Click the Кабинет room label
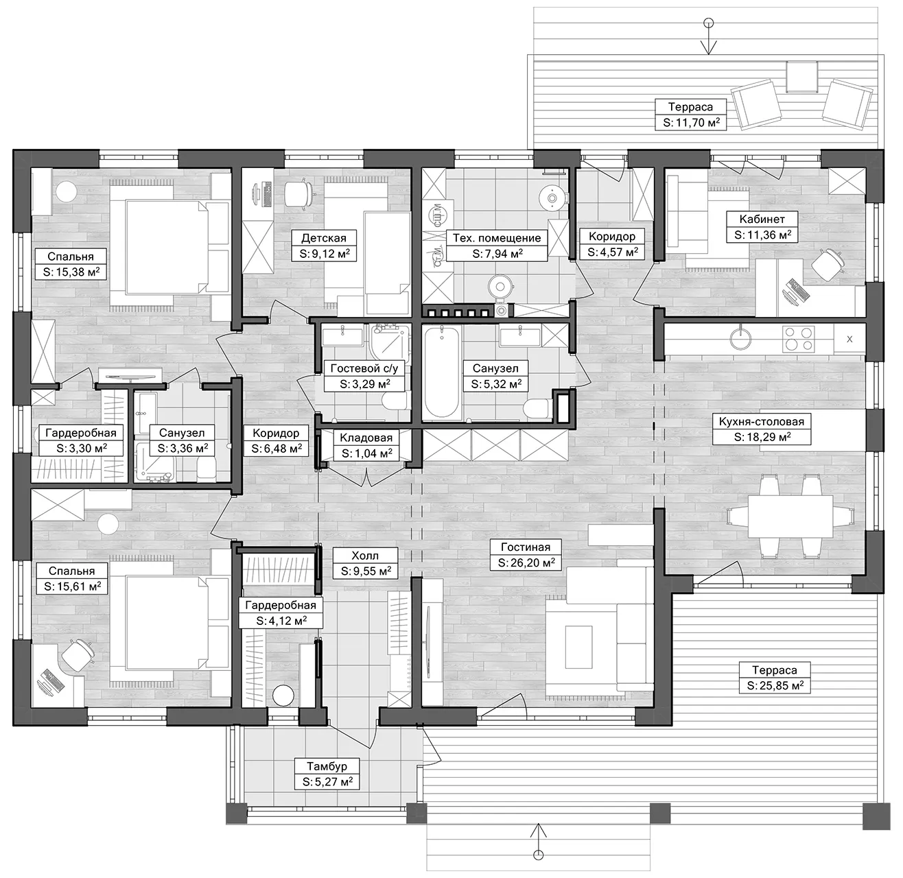coord(762,219)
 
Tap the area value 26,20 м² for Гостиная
coord(526,562)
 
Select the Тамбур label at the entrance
coord(327,766)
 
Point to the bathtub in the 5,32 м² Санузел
coord(442,371)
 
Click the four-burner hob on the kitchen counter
coord(799,339)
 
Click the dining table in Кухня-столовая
coord(790,517)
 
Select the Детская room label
coord(324,238)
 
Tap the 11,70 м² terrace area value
coord(691,123)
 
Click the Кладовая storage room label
coord(366,438)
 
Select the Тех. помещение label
coord(497,238)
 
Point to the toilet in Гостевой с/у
coord(394,400)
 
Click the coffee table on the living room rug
coord(578,647)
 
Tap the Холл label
coord(365,555)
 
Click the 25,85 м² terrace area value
coord(775,685)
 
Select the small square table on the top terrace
coord(802,77)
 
